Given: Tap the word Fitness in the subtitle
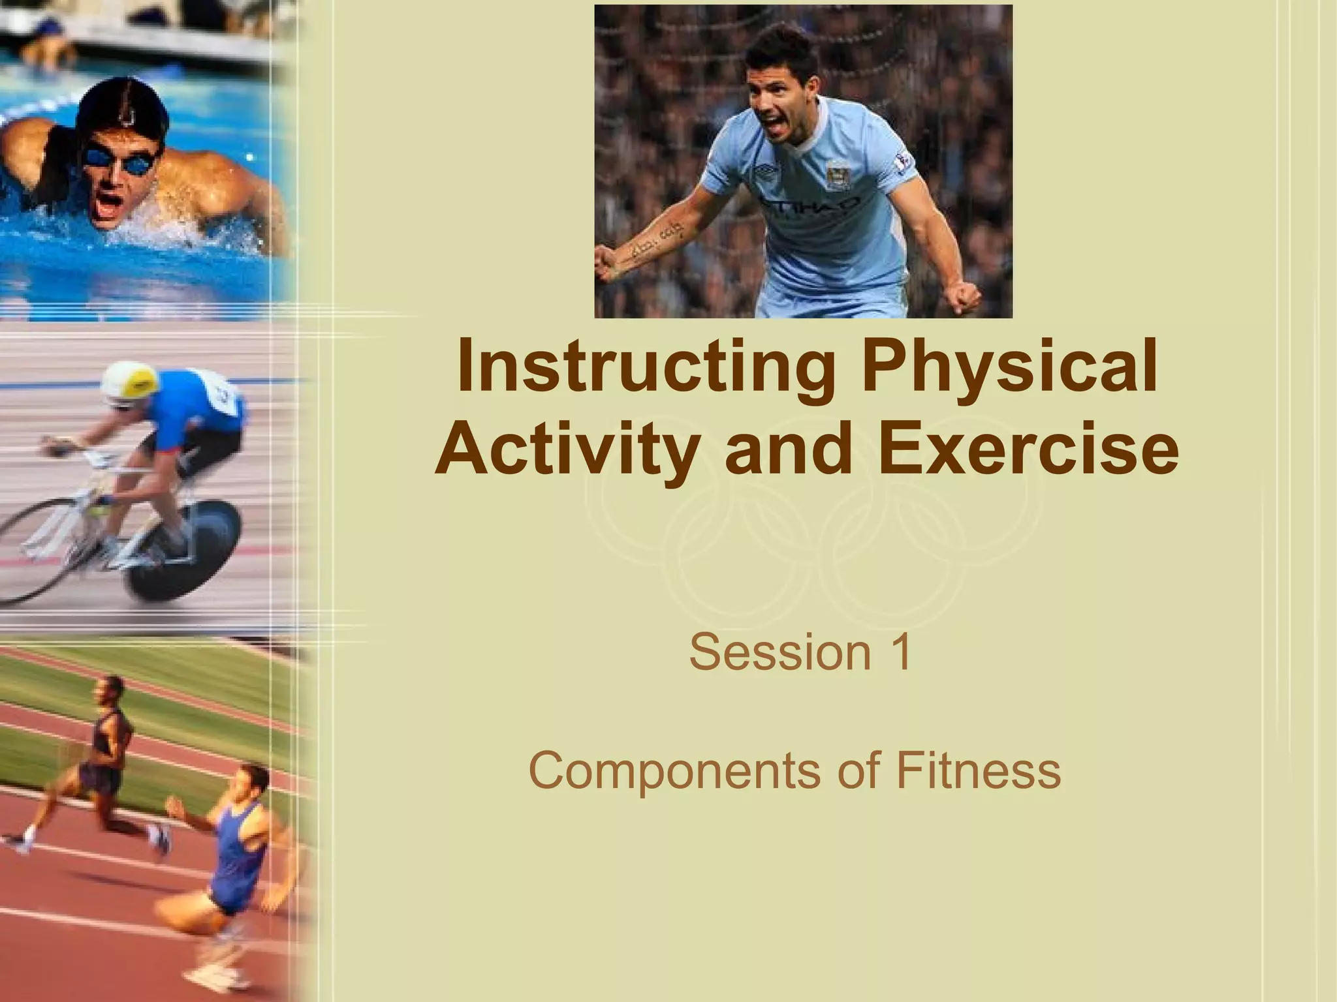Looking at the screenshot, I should pyautogui.click(x=977, y=770).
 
